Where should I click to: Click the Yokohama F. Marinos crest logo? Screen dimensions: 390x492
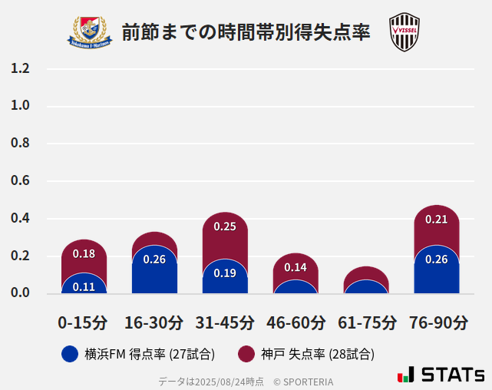point(91,31)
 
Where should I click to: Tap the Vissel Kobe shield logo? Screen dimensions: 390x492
point(404,32)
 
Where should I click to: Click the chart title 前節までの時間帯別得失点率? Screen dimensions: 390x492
point(246,32)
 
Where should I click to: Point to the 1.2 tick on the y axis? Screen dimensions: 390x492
point(20,69)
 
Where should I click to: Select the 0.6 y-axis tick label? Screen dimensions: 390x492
point(20,181)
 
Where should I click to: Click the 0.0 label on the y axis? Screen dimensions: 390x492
point(20,293)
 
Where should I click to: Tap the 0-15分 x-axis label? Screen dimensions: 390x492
point(83,322)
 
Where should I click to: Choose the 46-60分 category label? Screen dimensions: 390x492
point(296,322)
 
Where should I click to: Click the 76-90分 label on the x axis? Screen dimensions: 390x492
point(438,322)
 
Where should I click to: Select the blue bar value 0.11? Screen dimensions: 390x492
point(84,286)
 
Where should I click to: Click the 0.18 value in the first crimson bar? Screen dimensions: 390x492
point(84,254)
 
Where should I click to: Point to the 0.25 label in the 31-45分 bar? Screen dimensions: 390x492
point(225,226)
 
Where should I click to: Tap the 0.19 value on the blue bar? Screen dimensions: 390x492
point(225,273)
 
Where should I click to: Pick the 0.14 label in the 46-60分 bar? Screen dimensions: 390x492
point(296,267)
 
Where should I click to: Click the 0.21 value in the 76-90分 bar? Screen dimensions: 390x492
point(437,220)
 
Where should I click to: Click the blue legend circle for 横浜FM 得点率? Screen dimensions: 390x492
point(70,354)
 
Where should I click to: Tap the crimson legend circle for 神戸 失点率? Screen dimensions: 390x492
point(246,354)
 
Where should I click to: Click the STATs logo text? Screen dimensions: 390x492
point(452,375)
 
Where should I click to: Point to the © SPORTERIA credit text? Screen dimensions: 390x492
point(303,381)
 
